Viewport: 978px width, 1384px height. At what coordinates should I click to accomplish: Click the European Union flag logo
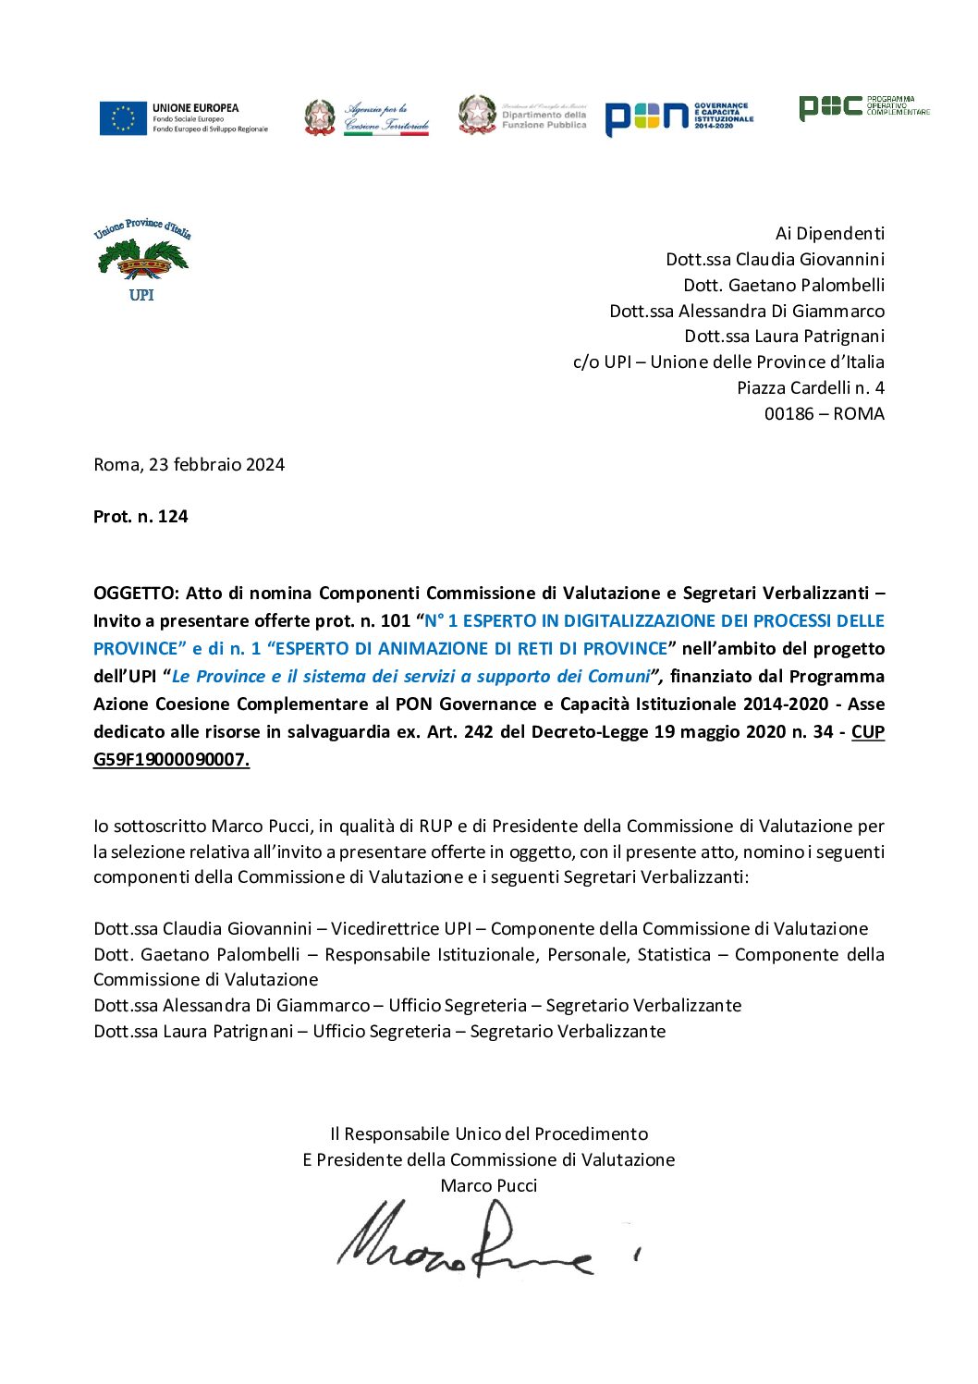(x=123, y=118)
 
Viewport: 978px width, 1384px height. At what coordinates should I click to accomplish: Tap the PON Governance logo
(x=678, y=117)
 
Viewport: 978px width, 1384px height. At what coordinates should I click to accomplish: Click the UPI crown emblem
(x=142, y=260)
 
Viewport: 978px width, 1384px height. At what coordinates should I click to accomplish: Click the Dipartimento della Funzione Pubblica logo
(x=522, y=116)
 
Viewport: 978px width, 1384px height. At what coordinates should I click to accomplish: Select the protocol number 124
(x=172, y=517)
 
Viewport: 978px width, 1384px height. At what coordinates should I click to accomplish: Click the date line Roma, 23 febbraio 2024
(x=189, y=465)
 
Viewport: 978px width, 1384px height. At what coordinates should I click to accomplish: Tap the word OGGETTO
(x=136, y=594)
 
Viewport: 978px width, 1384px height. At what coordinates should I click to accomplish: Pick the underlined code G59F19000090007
(x=171, y=760)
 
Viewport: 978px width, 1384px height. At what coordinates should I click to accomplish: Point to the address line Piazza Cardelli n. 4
(x=810, y=388)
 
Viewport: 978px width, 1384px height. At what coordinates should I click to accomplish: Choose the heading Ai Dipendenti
(x=829, y=234)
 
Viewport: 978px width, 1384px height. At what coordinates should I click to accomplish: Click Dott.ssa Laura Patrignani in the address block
(x=784, y=337)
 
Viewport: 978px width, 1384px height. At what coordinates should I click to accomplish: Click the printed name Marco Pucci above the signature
(x=488, y=1186)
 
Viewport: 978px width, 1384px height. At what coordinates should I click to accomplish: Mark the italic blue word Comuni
(x=618, y=677)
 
